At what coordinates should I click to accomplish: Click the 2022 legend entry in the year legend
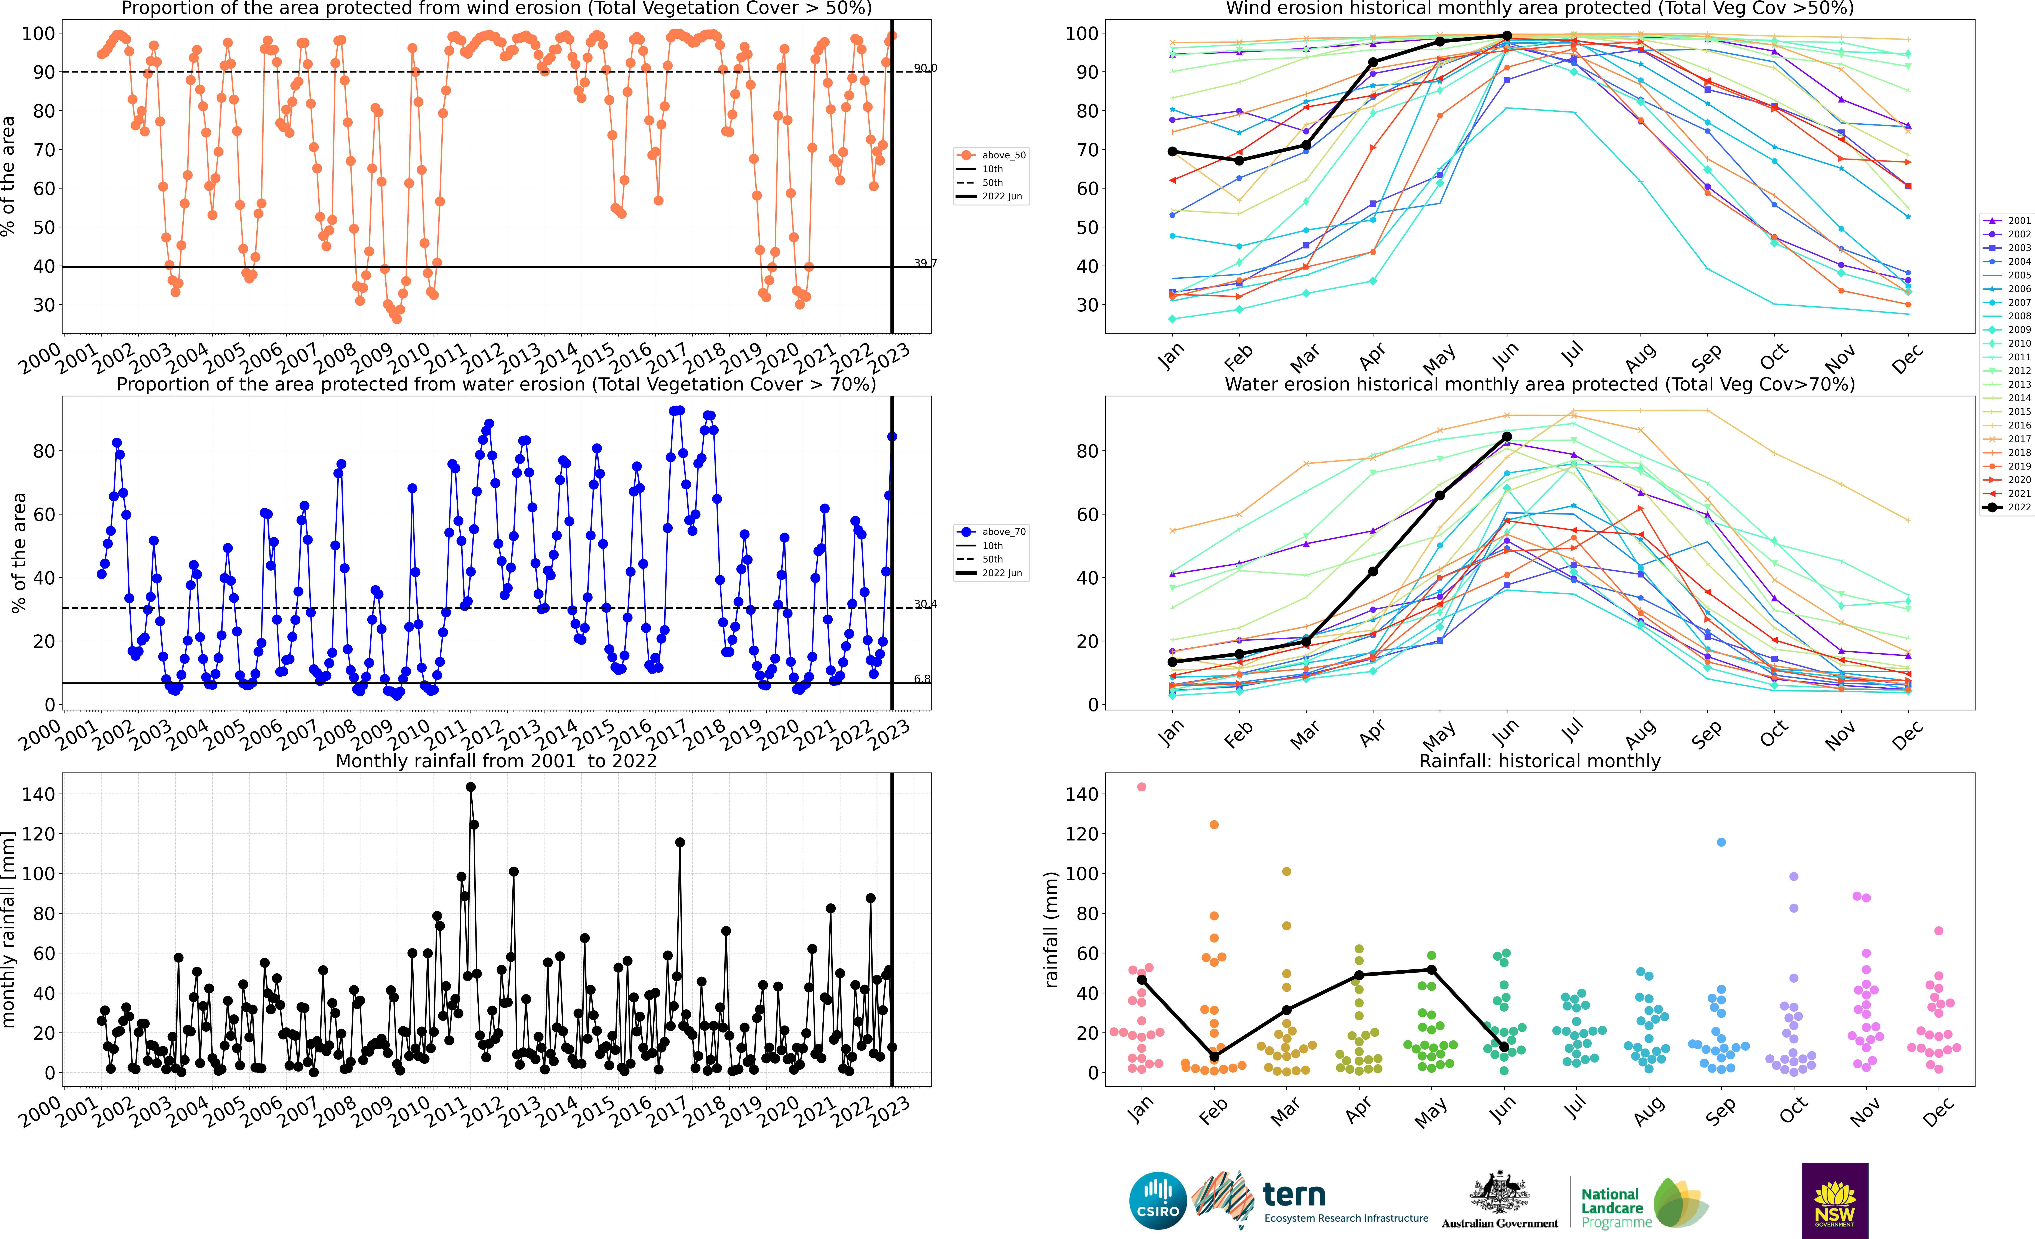pos(2007,507)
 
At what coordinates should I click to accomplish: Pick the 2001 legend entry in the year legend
pos(2007,220)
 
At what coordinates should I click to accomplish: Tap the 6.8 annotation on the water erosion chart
pos(922,679)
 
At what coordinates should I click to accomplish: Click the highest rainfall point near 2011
pos(471,787)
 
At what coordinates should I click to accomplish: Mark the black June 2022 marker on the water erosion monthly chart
pos(1507,437)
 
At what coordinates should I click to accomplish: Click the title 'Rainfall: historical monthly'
pos(1540,761)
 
